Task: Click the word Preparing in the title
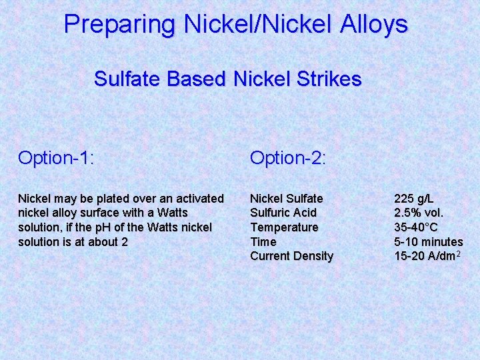pos(119,25)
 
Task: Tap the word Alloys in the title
pos(373,25)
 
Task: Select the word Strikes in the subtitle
pos(329,79)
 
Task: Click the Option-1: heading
pos(56,158)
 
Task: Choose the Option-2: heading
pos(288,158)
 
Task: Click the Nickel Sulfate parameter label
pos(286,199)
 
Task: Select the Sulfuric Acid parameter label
pos(283,213)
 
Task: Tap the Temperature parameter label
pos(284,227)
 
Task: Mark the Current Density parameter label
pos(291,256)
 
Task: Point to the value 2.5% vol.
pos(419,213)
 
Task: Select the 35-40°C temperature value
pos(416,227)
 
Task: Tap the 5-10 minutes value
pos(428,242)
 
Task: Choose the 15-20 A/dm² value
pos(427,256)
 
